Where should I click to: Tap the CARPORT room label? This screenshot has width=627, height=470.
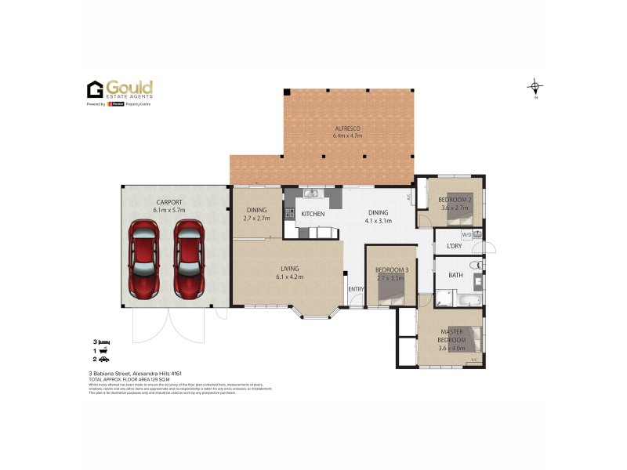coord(169,202)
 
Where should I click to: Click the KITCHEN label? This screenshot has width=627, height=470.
coord(313,213)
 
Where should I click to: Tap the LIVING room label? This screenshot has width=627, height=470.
coord(287,268)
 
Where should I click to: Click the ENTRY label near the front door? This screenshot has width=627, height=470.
coord(357,289)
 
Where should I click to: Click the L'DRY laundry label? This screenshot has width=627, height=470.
coord(455,247)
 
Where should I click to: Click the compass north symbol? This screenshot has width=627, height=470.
coord(535,86)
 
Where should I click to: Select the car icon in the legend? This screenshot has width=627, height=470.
coord(106,359)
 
